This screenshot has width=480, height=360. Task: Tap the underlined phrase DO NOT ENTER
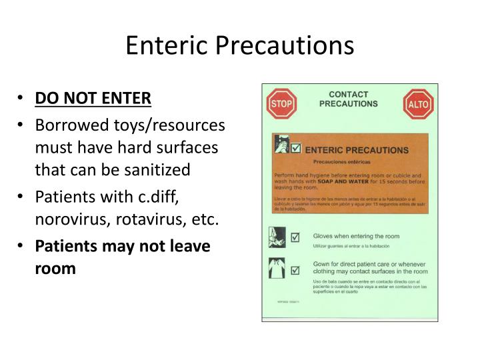tap(93, 98)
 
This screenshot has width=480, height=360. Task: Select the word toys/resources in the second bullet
tap(169, 125)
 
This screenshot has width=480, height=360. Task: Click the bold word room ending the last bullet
tap(55, 269)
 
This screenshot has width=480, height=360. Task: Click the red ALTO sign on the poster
tap(418, 105)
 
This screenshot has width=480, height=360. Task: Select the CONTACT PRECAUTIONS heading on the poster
tap(348, 99)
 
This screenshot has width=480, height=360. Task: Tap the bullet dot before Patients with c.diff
tap(23, 199)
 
